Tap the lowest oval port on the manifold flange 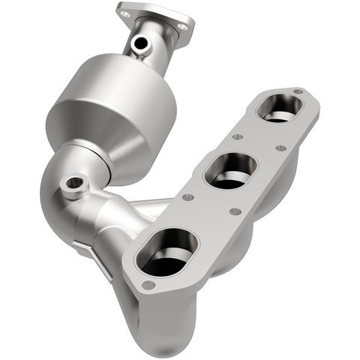pyautogui.click(x=168, y=252)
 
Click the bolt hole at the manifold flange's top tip pyautogui.click(x=298, y=92)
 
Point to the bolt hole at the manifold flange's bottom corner pyautogui.click(x=149, y=285)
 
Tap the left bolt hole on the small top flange pyautogui.click(x=127, y=10)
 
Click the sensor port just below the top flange pyautogui.click(x=139, y=43)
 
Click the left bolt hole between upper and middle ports pyautogui.click(x=237, y=137)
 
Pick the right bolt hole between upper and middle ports pyautogui.click(x=281, y=148)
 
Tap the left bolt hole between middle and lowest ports pyautogui.click(x=187, y=198)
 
